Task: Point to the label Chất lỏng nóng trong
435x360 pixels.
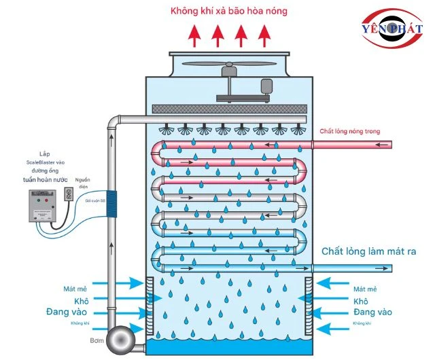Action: point(349,131)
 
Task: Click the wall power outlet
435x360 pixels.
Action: point(68,194)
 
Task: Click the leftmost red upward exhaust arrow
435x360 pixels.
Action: point(194,34)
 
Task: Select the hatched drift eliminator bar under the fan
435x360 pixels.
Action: point(226,109)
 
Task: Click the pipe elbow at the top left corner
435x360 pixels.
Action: point(112,123)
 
